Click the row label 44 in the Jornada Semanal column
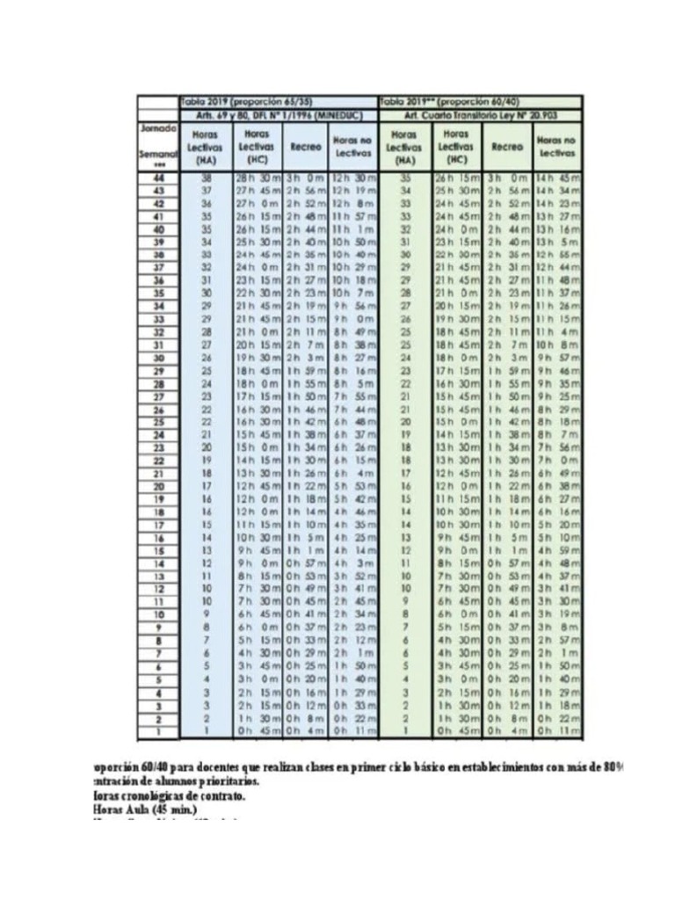click(159, 178)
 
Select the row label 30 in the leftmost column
click(159, 359)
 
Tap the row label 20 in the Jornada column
click(159, 486)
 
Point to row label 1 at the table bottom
click(159, 730)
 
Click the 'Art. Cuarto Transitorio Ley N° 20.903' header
click(480, 115)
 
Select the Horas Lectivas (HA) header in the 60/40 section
click(405, 147)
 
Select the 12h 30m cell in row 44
click(353, 178)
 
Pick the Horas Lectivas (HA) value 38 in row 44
click(207, 178)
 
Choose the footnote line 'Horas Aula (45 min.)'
click(145, 809)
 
